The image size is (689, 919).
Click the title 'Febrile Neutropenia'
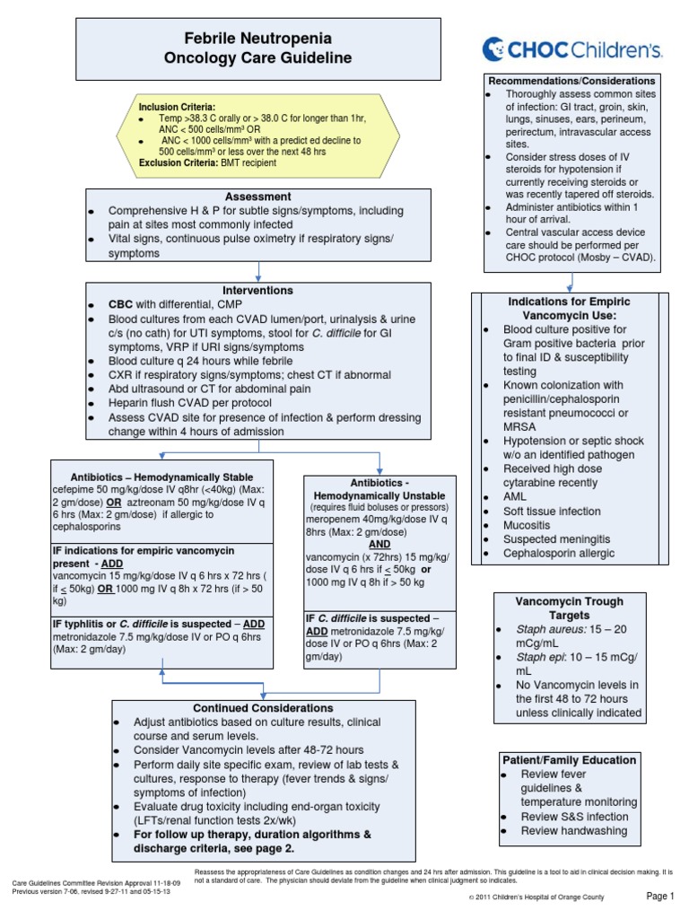click(x=258, y=39)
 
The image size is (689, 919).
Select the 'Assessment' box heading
click(x=258, y=196)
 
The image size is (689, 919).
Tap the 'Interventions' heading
click(x=258, y=291)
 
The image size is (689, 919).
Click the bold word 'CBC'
click(x=120, y=305)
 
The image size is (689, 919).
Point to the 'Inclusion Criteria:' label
click(x=177, y=107)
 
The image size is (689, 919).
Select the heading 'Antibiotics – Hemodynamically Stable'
click(x=162, y=476)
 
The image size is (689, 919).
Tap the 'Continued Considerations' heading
click(x=264, y=708)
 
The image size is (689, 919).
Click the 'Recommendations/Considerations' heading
click(x=571, y=81)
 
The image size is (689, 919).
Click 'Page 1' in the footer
click(x=659, y=895)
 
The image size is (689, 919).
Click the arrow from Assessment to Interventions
click(x=258, y=271)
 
